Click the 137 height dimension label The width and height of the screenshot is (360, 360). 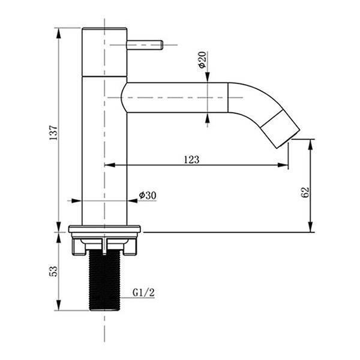(x=53, y=133)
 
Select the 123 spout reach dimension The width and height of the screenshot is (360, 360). (x=192, y=160)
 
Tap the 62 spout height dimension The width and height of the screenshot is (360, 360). (x=305, y=193)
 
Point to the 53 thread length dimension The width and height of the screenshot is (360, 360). (x=53, y=271)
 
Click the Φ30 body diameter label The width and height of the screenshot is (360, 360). (x=148, y=196)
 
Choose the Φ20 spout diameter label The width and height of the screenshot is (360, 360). (x=202, y=60)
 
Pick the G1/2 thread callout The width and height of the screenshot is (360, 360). (x=143, y=293)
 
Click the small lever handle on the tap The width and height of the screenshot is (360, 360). (x=145, y=45)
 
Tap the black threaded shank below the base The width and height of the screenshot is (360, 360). (x=104, y=280)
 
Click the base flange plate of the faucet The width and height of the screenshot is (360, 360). (x=104, y=229)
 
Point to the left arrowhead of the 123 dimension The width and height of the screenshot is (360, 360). (x=110, y=165)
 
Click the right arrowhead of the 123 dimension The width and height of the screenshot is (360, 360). (x=283, y=165)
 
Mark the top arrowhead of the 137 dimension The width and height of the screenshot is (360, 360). (x=59, y=33)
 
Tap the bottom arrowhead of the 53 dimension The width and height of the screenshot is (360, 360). (x=59, y=305)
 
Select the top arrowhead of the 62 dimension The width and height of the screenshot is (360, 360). (x=310, y=145)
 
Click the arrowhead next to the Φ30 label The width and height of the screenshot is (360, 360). (x=133, y=201)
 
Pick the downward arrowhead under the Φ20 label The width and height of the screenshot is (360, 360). (x=208, y=77)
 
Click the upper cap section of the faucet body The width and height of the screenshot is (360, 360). (x=104, y=52)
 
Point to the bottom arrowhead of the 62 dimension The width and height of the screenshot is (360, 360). (x=310, y=227)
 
